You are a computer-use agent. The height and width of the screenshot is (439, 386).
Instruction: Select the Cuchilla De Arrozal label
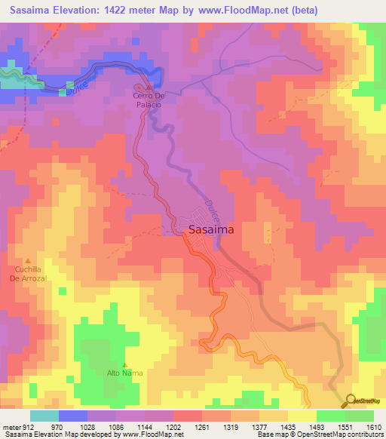click(29, 273)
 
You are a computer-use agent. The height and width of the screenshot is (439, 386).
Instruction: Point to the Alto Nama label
click(124, 373)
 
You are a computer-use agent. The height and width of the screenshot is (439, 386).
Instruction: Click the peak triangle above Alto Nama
click(124, 364)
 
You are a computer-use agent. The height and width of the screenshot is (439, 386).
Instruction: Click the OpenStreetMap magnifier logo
click(350, 400)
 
